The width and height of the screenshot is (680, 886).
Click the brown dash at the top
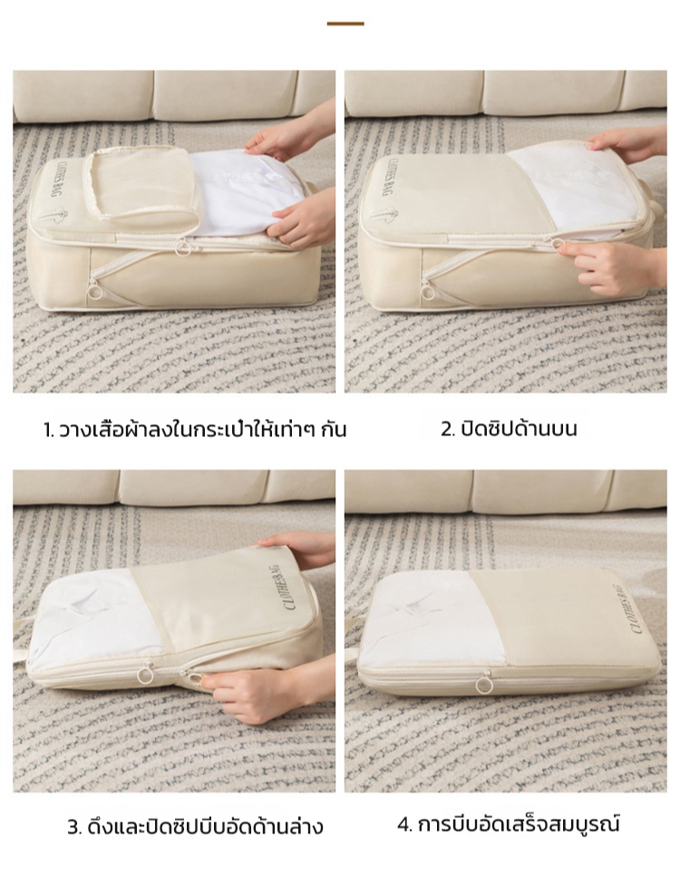click(345, 24)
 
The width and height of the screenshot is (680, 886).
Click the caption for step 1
click(194, 430)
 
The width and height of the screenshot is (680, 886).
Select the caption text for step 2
click(509, 428)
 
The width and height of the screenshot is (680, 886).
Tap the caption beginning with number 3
click(195, 827)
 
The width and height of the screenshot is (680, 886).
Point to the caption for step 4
click(509, 823)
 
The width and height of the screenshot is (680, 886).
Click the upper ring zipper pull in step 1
click(183, 246)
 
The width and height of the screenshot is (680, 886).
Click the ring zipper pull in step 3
click(143, 676)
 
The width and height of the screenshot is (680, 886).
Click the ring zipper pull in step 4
click(483, 685)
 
